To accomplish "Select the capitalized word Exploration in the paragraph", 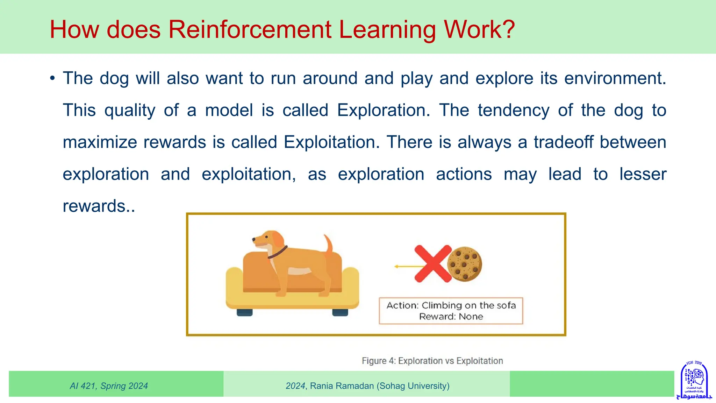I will point(383,110).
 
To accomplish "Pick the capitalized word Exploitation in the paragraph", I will point(331,142).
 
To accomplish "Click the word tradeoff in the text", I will point(563,142).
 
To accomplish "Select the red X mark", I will point(433,264).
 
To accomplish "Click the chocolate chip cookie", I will point(465,264).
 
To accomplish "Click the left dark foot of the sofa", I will point(244,312).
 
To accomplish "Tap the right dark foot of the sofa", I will point(340,312).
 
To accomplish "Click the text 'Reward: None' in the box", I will point(451,317).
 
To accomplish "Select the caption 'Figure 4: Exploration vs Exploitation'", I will point(432,361).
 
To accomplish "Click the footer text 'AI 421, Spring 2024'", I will point(109,386).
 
